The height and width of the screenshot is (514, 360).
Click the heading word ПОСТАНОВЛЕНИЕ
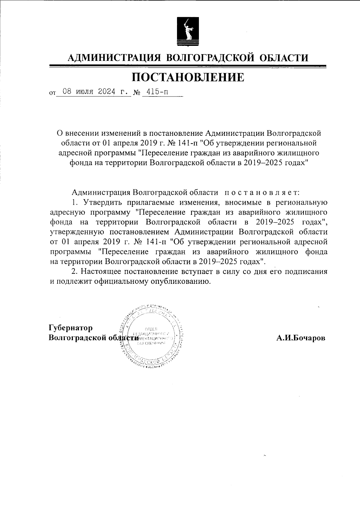(x=188, y=77)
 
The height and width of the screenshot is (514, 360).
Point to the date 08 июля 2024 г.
(x=94, y=92)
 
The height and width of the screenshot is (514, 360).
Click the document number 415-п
(x=157, y=92)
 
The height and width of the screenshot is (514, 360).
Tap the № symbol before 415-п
(x=137, y=93)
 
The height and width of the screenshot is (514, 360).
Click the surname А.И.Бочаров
(x=301, y=338)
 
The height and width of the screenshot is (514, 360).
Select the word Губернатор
(x=71, y=328)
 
